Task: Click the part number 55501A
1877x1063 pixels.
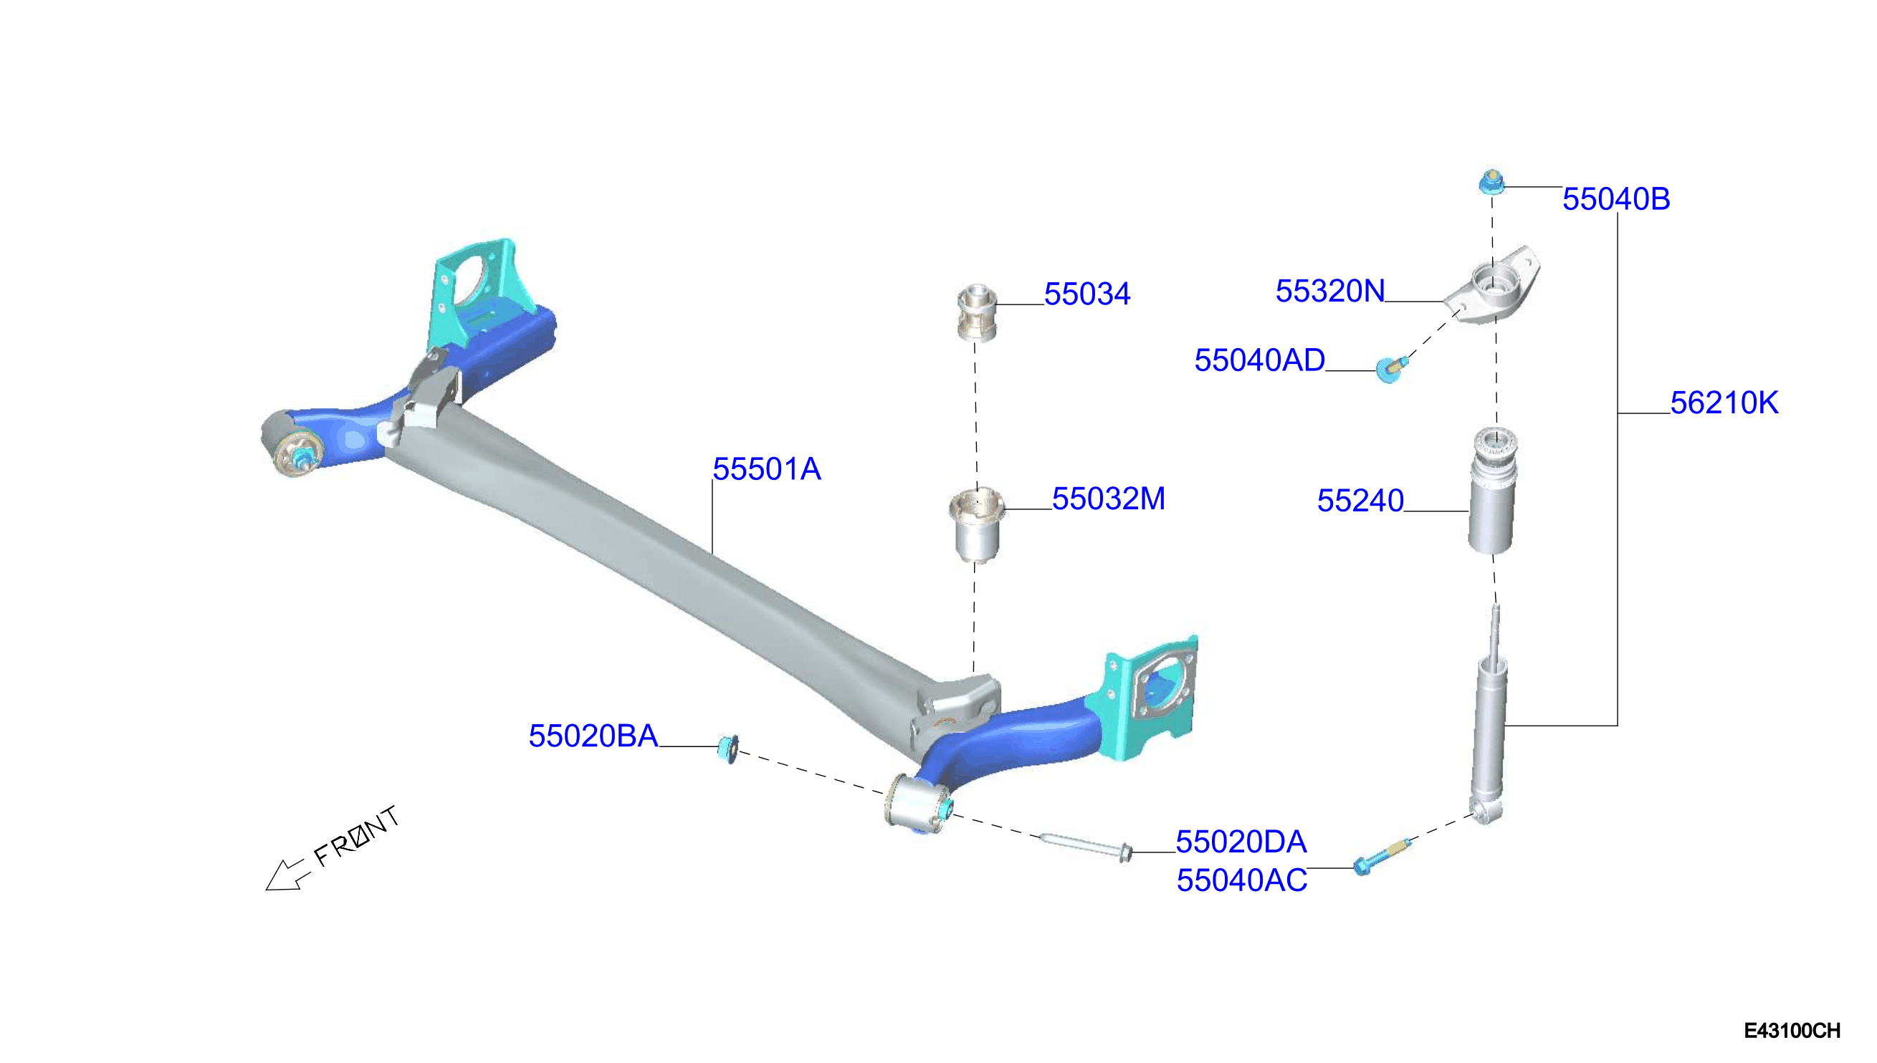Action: [x=766, y=468]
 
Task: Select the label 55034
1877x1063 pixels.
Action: [x=1086, y=294]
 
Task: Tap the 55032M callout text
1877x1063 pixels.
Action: [x=1108, y=499]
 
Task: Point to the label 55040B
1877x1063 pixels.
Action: [x=1615, y=198]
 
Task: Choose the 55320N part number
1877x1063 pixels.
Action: [x=1329, y=291]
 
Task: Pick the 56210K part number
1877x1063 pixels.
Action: [x=1724, y=403]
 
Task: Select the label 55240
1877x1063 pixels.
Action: [x=1360, y=500]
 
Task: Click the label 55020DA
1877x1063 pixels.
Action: [x=1241, y=842]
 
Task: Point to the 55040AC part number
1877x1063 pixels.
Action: [x=1241, y=880]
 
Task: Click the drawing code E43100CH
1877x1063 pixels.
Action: [x=1792, y=1030]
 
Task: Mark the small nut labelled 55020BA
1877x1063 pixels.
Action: [x=727, y=749]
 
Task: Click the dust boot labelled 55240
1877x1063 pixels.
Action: [x=1492, y=491]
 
